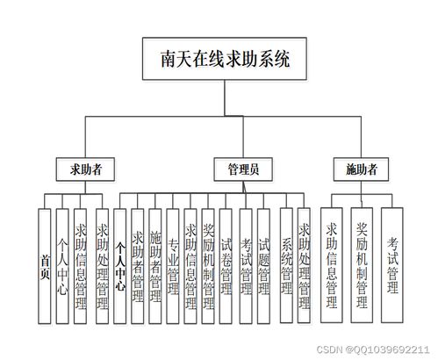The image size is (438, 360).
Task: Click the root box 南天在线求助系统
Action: pyautogui.click(x=219, y=62)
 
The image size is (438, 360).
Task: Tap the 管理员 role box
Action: pyautogui.click(x=244, y=167)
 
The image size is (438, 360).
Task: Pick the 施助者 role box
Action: pyautogui.click(x=361, y=167)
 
